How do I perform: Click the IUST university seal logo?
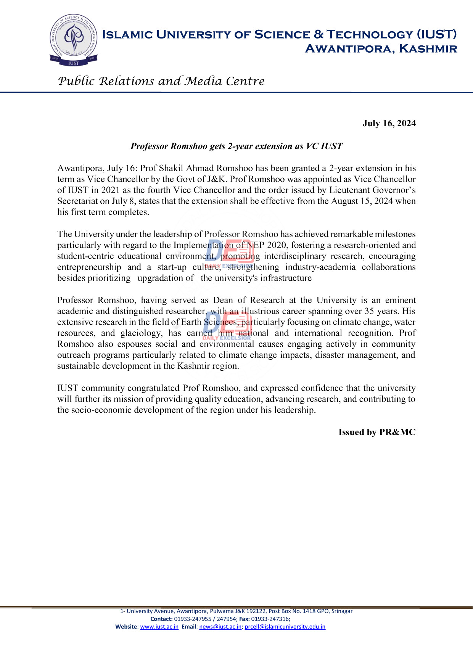(73, 40)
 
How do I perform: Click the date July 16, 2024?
(389, 123)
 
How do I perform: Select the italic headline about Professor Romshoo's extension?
(236, 146)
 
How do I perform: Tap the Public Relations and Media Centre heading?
(161, 81)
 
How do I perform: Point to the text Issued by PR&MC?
(377, 432)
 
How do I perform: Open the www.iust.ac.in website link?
(159, 627)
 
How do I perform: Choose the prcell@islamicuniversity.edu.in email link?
(285, 627)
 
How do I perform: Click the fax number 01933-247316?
(270, 619)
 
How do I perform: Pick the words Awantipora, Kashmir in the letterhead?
(381, 49)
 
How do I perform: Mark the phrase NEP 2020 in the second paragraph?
(267, 245)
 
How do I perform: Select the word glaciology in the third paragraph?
(141, 333)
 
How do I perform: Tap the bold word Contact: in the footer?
(161, 619)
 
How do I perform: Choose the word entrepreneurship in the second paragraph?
(89, 267)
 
